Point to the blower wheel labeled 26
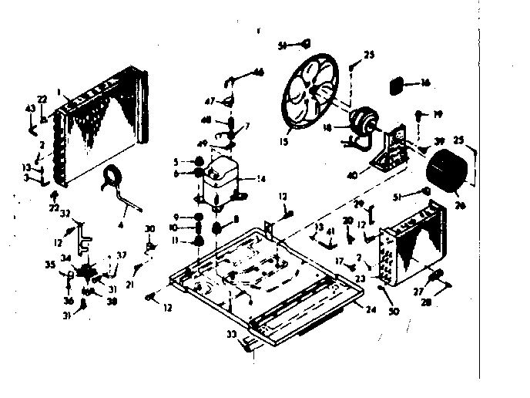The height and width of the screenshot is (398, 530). tap(445, 170)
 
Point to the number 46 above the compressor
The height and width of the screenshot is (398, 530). tap(257, 72)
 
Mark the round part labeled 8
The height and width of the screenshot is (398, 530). tap(218, 228)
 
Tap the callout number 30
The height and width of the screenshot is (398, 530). tap(150, 228)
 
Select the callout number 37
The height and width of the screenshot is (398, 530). tap(121, 256)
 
